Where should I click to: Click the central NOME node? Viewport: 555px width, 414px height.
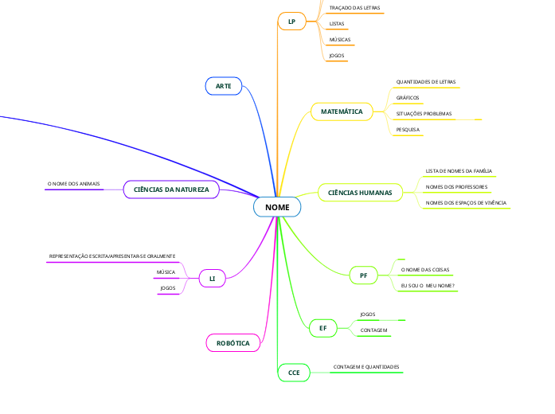[x=278, y=207]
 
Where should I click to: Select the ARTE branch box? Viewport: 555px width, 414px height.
[x=223, y=85]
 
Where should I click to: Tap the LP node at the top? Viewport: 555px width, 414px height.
[x=292, y=22]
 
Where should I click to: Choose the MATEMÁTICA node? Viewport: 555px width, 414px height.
[x=341, y=112]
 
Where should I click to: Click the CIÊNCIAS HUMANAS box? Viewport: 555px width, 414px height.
[x=360, y=192]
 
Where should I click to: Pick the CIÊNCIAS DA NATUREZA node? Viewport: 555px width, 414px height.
[x=171, y=189]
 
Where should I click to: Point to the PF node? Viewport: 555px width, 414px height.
[x=363, y=275]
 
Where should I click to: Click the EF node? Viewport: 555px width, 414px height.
[x=323, y=327]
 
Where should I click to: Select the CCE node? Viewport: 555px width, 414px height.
[x=294, y=372]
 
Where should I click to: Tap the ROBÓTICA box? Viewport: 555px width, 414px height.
[x=233, y=343]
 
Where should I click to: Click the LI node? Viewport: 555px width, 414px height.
[x=213, y=279]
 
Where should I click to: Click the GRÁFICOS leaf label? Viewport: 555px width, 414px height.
[x=408, y=97]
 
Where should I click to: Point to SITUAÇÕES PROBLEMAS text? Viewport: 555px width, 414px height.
[x=424, y=113]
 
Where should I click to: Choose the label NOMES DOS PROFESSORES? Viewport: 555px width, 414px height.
[x=457, y=187]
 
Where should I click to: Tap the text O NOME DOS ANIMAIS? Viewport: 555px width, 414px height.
[x=74, y=184]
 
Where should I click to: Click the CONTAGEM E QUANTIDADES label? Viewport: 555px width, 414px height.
[x=366, y=367]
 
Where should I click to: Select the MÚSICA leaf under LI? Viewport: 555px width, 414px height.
[x=166, y=272]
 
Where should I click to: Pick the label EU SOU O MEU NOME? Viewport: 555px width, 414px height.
[x=428, y=285]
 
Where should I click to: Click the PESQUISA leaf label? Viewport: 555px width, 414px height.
[x=408, y=129]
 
